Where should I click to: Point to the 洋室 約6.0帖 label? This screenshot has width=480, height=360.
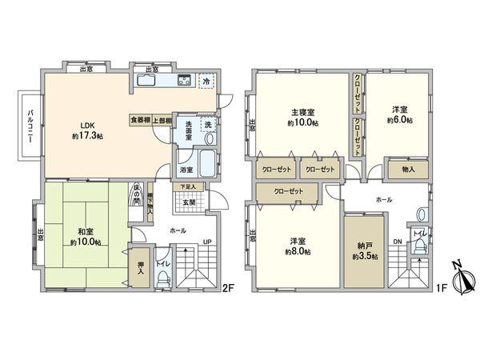[x=400, y=115]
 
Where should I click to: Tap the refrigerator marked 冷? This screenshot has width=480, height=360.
[x=206, y=80]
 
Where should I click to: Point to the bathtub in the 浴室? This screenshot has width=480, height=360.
[x=206, y=162]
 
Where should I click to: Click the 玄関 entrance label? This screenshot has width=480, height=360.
[x=189, y=202]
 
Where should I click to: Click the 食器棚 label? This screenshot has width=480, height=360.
[x=141, y=119]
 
